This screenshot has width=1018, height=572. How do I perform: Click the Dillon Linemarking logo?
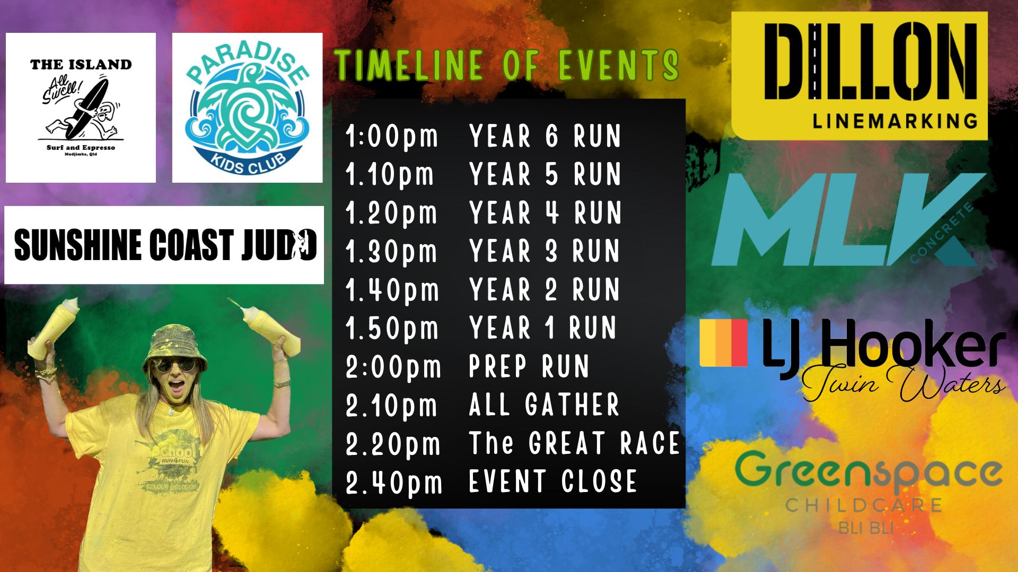pyautogui.click(x=859, y=76)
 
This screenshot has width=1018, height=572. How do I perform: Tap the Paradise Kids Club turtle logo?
pyautogui.click(x=247, y=108)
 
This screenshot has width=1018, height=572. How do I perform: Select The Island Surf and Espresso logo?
pyautogui.click(x=81, y=108)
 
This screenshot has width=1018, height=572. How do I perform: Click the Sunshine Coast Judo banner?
pyautogui.click(x=164, y=245)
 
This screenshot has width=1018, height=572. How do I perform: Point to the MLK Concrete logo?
pyautogui.click(x=848, y=220)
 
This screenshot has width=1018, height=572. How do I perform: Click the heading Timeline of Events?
pyautogui.click(x=507, y=66)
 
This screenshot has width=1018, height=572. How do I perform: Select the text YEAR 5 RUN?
pyautogui.click(x=545, y=175)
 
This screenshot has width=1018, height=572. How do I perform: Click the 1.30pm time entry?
pyautogui.click(x=391, y=252)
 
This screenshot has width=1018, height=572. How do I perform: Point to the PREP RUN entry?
pyautogui.click(x=529, y=367)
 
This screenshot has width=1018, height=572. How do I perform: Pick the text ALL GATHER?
pyautogui.click(x=545, y=405)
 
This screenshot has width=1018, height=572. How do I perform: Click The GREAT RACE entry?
pyautogui.click(x=574, y=443)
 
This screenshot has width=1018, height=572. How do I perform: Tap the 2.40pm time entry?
pyautogui.click(x=394, y=482)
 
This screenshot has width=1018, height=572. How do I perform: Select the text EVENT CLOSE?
pyautogui.click(x=553, y=481)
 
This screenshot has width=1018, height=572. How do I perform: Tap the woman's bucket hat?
pyautogui.click(x=174, y=345)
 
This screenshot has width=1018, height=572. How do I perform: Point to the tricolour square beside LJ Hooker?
pyautogui.click(x=724, y=343)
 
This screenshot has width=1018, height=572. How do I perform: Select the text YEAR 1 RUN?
pyautogui.click(x=543, y=328)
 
